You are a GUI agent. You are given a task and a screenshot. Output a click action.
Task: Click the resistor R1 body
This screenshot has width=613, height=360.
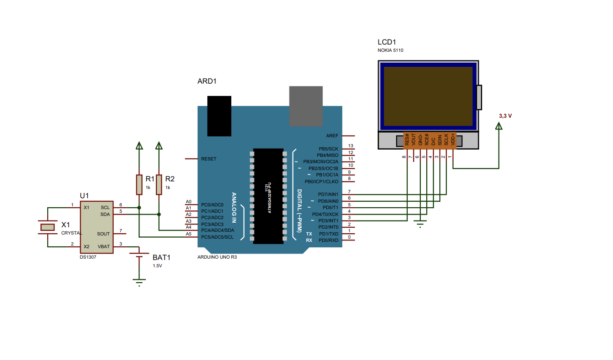139,185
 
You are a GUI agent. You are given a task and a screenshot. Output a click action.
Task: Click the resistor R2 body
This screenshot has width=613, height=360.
159,185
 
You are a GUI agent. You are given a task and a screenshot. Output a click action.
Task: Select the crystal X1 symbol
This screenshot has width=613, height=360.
47,226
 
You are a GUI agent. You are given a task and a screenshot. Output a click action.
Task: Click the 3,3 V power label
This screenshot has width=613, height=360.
505,116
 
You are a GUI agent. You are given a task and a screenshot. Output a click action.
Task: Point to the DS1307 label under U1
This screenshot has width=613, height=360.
88,257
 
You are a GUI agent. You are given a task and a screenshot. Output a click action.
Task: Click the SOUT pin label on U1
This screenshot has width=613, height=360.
103,234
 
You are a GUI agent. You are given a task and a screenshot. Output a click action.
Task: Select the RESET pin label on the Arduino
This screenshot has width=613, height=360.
209,159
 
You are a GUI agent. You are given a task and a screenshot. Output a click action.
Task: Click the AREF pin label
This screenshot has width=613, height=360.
332,135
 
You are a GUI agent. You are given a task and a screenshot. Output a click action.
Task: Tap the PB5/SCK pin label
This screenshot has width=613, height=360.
329,149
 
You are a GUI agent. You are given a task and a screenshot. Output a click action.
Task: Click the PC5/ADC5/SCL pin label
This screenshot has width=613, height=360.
217,237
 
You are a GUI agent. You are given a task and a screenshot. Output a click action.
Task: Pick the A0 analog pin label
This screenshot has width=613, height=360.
189,202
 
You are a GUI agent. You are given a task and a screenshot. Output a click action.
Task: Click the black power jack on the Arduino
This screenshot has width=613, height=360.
219,116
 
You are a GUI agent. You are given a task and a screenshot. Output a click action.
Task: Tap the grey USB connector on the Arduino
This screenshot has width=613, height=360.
306,106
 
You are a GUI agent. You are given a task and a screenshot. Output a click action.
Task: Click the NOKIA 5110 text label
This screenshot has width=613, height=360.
390,50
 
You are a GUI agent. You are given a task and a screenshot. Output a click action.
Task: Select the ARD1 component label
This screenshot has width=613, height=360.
207,81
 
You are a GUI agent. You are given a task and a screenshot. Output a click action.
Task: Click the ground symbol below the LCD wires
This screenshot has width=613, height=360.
420,224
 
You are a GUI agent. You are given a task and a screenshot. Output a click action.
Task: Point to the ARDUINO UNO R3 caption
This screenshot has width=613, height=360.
217,257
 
